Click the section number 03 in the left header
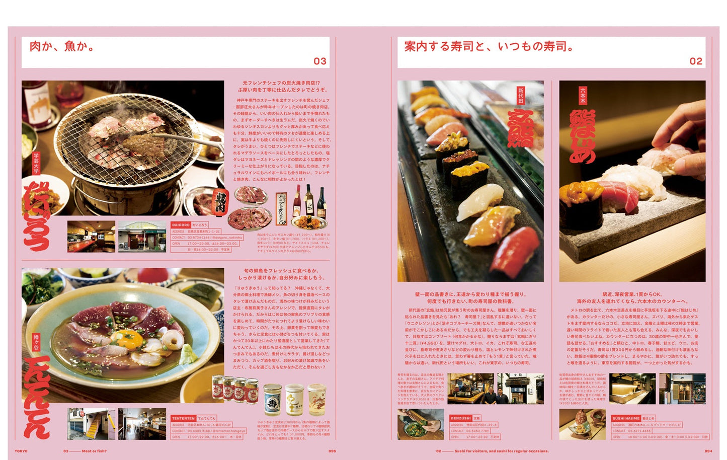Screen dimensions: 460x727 (x=320, y=61)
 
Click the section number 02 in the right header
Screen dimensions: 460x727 (x=695, y=61)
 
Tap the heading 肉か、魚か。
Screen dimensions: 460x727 (x=62, y=46)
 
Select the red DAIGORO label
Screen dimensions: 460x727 (x=181, y=225)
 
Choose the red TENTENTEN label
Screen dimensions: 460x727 (x=183, y=418)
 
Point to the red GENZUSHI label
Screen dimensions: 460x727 (x=460, y=418)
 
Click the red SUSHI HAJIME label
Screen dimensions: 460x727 (x=626, y=418)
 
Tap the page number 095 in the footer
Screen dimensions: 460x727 (x=332, y=451)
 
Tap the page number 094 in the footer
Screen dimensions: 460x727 (x=708, y=451)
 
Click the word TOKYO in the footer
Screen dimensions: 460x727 (x=21, y=451)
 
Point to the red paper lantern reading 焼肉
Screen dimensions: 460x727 (x=220, y=201)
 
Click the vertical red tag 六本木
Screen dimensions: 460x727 (x=583, y=95)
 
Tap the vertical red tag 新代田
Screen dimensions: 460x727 (x=521, y=95)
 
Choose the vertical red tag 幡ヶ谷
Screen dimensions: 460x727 (x=36, y=342)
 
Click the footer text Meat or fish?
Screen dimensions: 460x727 (x=94, y=451)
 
